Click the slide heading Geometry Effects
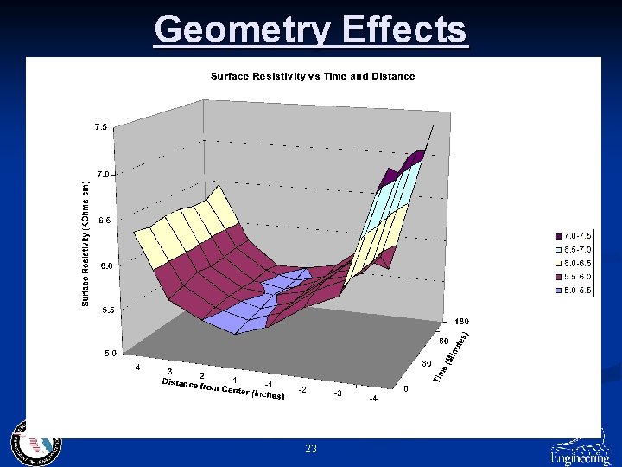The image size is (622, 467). [x=311, y=30]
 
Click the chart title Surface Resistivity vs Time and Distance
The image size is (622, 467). [x=313, y=76]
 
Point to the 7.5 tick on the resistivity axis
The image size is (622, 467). [x=101, y=127]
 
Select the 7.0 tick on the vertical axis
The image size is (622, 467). [x=101, y=174]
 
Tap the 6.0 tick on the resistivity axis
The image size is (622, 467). [x=101, y=265]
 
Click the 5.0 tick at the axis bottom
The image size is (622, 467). [x=101, y=353]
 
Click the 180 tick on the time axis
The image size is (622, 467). [x=462, y=321]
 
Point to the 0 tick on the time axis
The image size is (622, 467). [x=407, y=389]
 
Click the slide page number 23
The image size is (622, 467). [x=311, y=449]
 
